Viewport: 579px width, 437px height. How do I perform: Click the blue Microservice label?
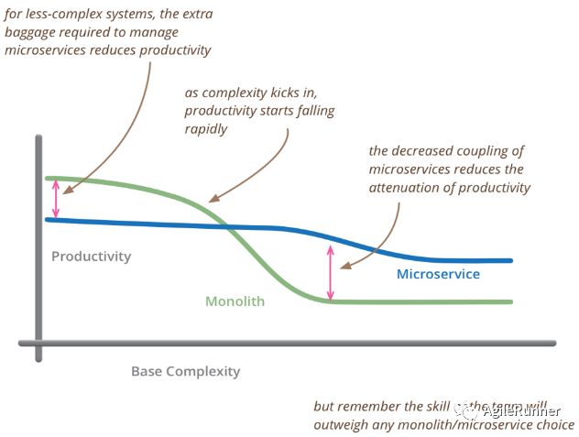tap(438, 274)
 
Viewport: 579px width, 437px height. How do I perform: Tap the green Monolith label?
tap(235, 301)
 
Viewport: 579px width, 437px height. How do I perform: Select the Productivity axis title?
tap(91, 257)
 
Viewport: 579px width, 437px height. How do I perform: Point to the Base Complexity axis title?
tap(185, 371)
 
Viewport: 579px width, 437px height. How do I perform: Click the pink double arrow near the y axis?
tap(57, 198)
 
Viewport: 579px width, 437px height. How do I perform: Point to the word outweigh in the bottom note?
tap(343, 424)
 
